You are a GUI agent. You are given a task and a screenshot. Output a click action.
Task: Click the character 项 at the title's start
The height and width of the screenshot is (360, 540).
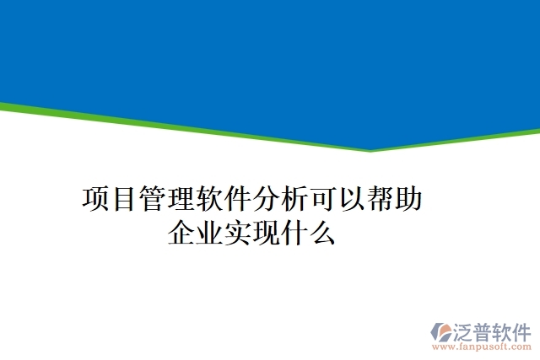97,200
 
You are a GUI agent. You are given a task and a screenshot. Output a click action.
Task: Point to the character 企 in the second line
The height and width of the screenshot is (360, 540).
181,232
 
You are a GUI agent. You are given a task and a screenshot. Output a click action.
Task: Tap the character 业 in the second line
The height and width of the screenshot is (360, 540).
210,232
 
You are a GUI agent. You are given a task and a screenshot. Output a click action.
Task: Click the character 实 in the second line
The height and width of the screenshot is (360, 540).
238,232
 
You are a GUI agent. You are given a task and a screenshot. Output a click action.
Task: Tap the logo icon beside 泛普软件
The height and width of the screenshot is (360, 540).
441,331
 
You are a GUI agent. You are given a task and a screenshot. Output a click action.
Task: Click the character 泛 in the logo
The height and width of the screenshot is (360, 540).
465,330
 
